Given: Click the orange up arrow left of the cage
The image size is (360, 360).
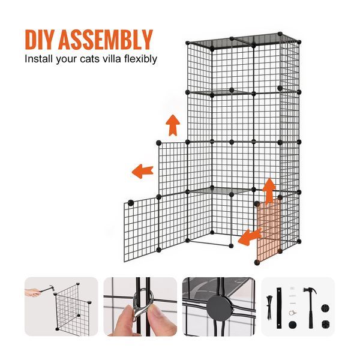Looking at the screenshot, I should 173,125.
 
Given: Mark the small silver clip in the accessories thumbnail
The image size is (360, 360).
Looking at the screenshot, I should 293,311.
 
